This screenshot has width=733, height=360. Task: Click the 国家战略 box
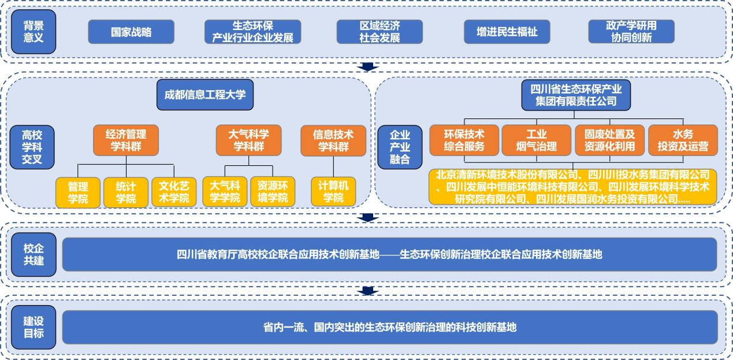point(131,32)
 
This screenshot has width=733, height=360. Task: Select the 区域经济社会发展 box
point(379,32)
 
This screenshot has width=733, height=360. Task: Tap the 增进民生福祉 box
point(507,32)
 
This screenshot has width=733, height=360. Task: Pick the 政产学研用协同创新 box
point(631,32)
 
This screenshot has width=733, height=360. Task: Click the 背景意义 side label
point(34,32)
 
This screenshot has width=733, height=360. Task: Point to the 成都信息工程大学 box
point(204,94)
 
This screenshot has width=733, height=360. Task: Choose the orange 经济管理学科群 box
point(126,140)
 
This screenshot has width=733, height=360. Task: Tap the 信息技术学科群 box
point(333,140)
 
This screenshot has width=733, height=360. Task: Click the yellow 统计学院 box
point(126,192)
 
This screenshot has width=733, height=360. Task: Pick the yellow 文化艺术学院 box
point(174,192)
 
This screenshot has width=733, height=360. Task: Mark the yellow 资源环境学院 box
point(273,192)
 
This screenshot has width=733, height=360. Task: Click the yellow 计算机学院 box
point(333,192)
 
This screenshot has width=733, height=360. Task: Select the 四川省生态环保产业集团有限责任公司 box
point(575,95)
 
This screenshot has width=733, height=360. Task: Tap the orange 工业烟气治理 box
point(536,140)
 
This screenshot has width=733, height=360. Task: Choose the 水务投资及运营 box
point(682,140)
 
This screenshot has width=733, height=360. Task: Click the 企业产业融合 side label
point(400,147)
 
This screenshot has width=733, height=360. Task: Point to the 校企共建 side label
point(34,254)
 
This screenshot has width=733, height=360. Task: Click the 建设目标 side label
point(34,327)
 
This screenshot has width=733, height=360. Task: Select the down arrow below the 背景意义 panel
point(367,67)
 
